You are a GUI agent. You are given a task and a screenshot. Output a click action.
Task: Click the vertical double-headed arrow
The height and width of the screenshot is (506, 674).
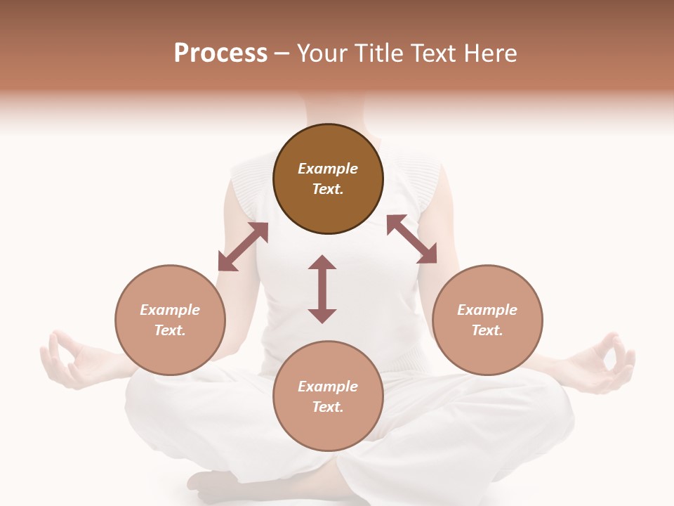[322, 289]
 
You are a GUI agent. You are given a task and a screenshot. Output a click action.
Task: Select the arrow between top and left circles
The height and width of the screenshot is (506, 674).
[243, 247]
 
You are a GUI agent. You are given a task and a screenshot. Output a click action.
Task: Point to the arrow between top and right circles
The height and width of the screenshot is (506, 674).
[412, 239]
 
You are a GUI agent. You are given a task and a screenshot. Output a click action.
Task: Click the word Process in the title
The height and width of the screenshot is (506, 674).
[220, 53]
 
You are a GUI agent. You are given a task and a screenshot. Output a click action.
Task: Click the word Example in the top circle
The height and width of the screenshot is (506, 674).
[328, 169]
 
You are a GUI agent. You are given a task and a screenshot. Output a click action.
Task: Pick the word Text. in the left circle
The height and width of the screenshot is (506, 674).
[170, 330]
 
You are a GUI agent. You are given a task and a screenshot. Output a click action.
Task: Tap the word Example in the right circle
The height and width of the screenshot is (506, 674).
[487, 310]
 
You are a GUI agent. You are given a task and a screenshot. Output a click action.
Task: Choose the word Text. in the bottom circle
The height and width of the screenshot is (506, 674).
[328, 407]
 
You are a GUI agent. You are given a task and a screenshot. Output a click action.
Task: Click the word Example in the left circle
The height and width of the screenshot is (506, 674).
[170, 310]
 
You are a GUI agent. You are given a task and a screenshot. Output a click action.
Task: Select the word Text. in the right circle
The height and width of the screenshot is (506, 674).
[487, 330]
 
